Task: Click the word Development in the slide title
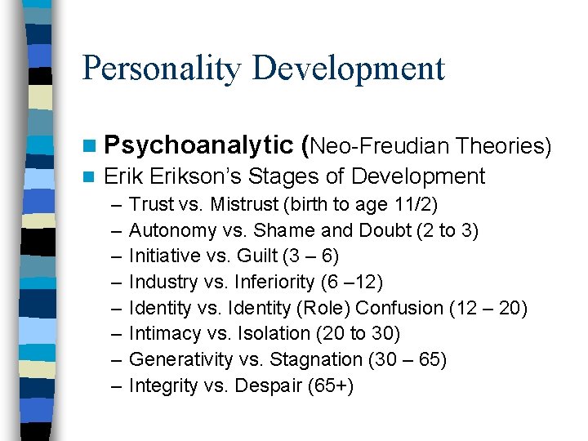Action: (350, 69)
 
